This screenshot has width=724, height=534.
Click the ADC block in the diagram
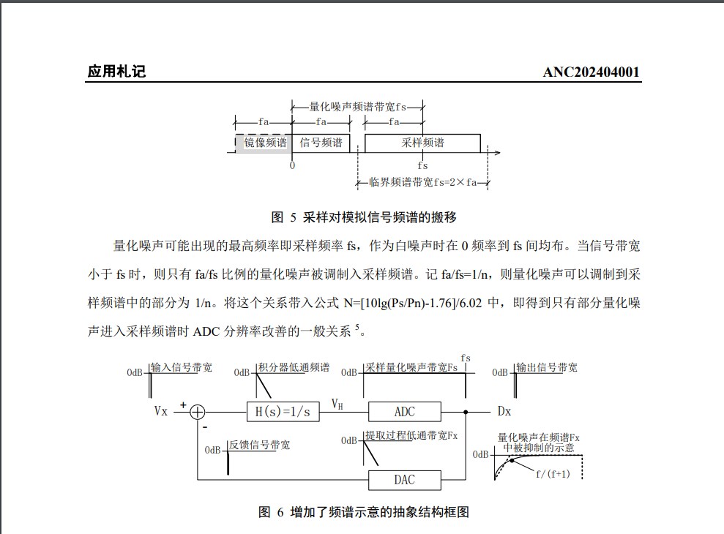(x=404, y=411)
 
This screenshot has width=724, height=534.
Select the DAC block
(x=404, y=480)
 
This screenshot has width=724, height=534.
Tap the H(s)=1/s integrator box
(x=283, y=412)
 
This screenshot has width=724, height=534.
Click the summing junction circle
(x=198, y=412)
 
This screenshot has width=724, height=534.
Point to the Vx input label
(x=161, y=411)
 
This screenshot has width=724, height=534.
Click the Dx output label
(x=504, y=411)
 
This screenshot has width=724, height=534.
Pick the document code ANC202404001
(x=591, y=72)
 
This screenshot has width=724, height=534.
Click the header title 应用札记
(x=116, y=72)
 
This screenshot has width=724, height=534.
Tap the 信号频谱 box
(x=321, y=143)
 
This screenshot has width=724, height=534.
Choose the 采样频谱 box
(x=422, y=143)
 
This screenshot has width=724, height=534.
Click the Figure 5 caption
(x=364, y=217)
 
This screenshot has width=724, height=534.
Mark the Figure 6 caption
(x=364, y=512)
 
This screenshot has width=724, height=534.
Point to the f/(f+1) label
(x=553, y=473)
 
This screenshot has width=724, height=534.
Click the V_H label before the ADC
(x=337, y=404)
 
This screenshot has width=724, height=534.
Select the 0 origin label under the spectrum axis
(x=292, y=165)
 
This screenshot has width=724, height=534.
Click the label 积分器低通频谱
(x=294, y=367)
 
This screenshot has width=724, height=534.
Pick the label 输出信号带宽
(x=546, y=367)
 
